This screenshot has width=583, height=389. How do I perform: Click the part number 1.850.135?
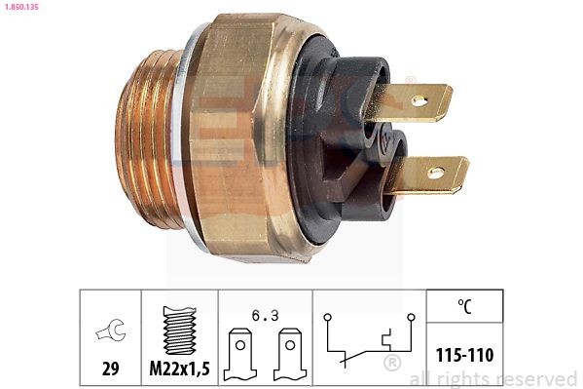(x=20, y=8)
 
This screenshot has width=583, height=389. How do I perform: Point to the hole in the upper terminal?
(x=419, y=99)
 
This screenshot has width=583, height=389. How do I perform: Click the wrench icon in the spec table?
(x=109, y=332)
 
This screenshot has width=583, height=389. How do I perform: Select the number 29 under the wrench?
(x=110, y=370)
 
